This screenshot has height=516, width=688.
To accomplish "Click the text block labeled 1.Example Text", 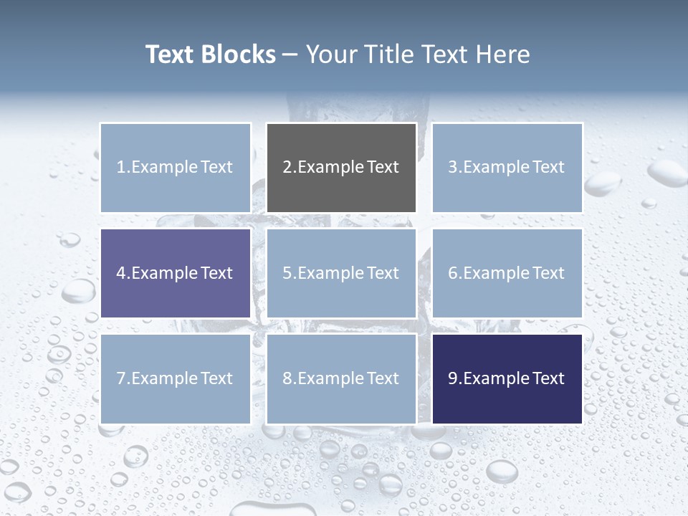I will click(x=176, y=168).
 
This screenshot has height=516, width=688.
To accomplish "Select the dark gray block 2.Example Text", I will click(x=341, y=168).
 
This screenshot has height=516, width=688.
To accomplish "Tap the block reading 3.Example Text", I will click(x=507, y=168).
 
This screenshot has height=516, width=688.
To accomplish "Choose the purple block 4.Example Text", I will click(x=176, y=273).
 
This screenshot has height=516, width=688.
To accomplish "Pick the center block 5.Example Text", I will click(x=341, y=273).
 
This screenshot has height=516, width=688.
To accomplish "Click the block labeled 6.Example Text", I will click(x=507, y=273).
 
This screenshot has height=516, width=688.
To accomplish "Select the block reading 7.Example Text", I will click(x=176, y=378).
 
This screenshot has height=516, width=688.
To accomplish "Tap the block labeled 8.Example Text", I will click(x=341, y=378).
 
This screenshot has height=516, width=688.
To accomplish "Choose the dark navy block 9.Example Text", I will click(x=507, y=378).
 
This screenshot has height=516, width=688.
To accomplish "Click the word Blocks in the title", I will click(x=238, y=54).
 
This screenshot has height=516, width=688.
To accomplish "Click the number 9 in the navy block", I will click(x=453, y=378).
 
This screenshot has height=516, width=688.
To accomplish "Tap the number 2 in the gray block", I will click(x=287, y=168).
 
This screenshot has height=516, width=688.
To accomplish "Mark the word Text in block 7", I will click(x=216, y=378).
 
